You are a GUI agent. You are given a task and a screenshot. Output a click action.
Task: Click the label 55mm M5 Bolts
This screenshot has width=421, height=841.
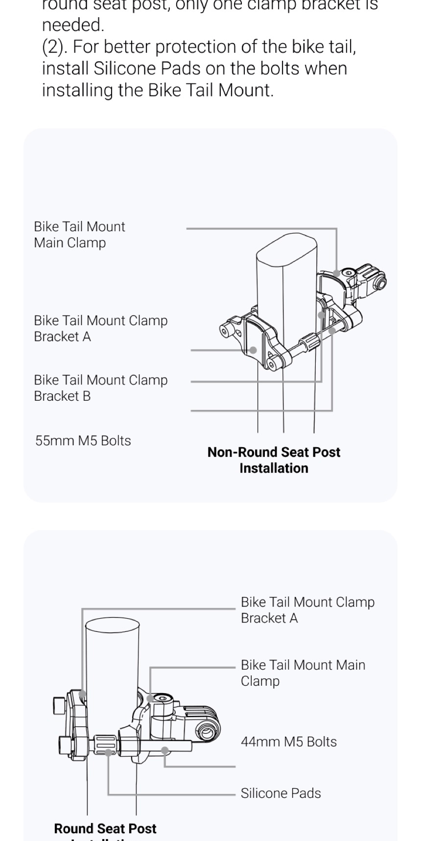(83, 440)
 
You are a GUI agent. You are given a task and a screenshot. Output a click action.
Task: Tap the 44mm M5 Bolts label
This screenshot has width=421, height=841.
(288, 742)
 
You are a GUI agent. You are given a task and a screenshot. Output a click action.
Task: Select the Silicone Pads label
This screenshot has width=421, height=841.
(281, 793)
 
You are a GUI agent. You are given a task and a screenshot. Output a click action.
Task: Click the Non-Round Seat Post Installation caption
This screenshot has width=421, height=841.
(274, 460)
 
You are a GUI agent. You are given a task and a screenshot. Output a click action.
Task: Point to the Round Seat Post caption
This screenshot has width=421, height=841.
(105, 829)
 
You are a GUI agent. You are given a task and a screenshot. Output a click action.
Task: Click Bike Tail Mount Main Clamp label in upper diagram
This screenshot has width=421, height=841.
(79, 235)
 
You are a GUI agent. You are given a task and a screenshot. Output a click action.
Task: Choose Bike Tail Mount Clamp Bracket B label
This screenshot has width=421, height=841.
(100, 388)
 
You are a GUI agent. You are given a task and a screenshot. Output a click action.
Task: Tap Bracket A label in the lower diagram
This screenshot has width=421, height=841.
(307, 610)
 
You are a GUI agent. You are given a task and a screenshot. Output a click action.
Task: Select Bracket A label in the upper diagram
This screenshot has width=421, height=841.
(100, 328)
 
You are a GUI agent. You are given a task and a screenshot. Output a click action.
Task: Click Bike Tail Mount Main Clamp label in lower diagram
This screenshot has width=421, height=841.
(303, 673)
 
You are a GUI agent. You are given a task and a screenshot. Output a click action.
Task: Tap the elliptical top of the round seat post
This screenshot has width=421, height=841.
(112, 626)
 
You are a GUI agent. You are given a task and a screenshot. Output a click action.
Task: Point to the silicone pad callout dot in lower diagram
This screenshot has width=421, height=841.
(108, 752)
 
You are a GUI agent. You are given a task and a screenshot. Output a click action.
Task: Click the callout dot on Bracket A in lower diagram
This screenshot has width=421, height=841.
(82, 694)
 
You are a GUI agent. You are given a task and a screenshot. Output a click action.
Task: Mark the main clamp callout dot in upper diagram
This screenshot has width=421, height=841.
(336, 273)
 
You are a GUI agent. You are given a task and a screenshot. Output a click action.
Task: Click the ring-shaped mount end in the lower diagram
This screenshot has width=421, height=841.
(207, 733)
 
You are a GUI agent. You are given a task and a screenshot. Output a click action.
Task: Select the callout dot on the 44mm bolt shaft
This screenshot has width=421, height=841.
(165, 750)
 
